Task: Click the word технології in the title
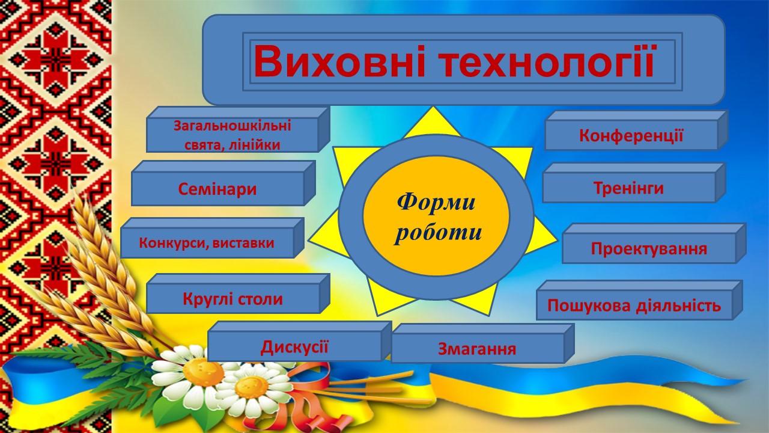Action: click(x=547, y=62)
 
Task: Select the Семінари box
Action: click(x=223, y=183)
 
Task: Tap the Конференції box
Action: click(x=636, y=131)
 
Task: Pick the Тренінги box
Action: click(x=634, y=183)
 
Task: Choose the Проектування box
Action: click(x=654, y=244)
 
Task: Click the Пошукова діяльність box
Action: click(x=640, y=300)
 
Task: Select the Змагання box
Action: click(x=482, y=343)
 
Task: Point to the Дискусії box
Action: click(x=300, y=341)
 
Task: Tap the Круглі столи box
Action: click(x=239, y=293)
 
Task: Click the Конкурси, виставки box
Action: click(x=212, y=238)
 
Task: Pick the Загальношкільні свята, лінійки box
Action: click(x=239, y=129)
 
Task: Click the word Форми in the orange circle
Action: click(x=436, y=201)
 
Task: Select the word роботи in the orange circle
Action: click(x=438, y=233)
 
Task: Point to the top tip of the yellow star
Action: click(x=433, y=107)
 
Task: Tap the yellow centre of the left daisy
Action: click(x=202, y=372)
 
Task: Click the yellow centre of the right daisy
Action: click(x=252, y=387)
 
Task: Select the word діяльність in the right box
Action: click(x=678, y=306)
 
